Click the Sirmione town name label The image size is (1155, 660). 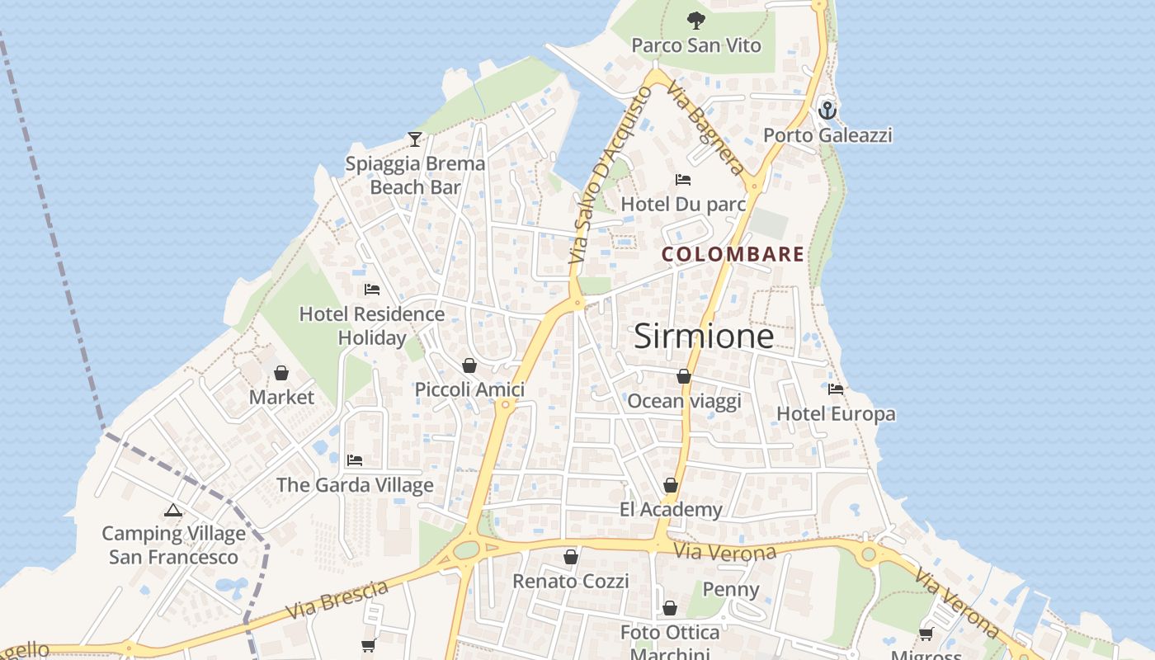point(704,337)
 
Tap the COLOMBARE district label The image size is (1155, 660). point(733,254)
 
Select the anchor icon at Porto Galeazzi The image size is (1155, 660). point(827,110)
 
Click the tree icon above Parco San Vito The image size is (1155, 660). point(696,21)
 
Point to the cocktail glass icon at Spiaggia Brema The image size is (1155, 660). point(415,139)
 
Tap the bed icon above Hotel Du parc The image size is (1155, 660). point(682,179)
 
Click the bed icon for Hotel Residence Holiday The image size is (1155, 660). point(372,290)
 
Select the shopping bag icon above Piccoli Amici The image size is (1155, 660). point(469,365)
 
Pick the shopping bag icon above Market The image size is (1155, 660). point(281,373)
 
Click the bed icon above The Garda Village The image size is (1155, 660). point(355,460)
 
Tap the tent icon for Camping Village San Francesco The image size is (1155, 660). point(172,510)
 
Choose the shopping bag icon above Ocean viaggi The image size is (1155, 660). point(684,377)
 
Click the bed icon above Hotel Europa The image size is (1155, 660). point(836,389)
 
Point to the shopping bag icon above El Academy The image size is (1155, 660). point(671,485)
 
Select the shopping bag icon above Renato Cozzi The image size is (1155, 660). point(570,558)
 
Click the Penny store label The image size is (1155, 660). point(730,590)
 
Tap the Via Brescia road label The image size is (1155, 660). point(337,601)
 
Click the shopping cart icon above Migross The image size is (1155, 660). point(926,634)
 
